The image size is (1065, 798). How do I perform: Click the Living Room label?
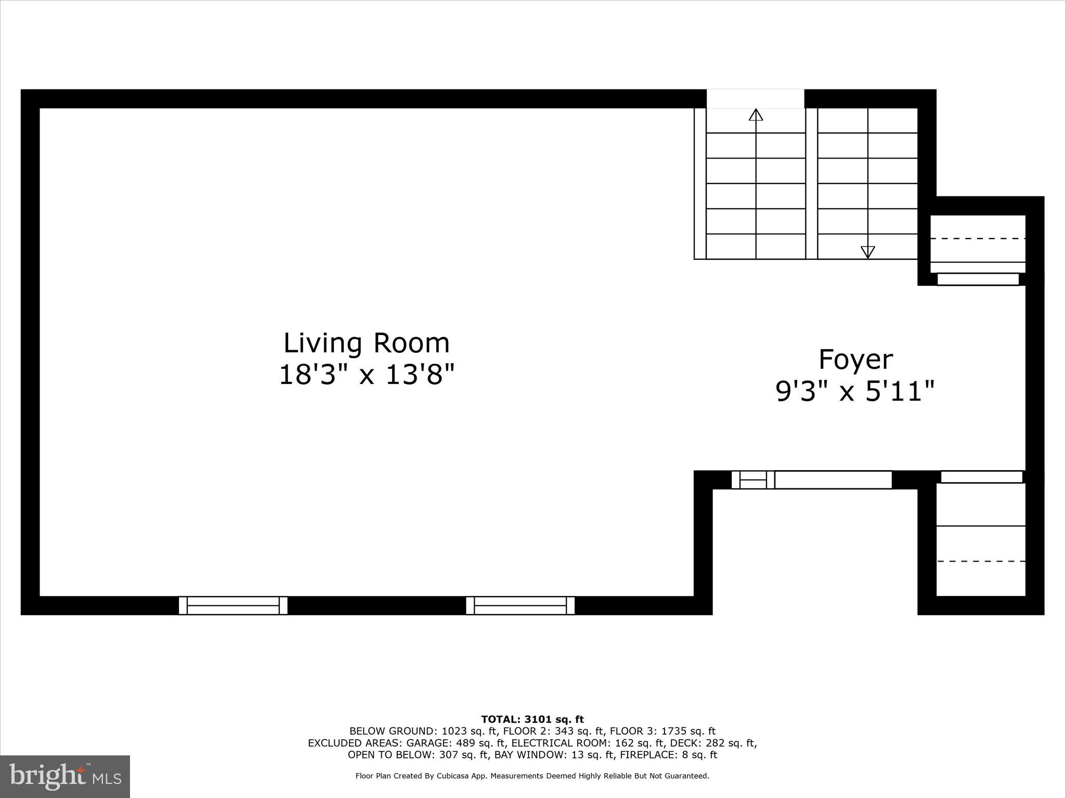[x=367, y=343]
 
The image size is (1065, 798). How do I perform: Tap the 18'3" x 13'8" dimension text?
[x=367, y=375]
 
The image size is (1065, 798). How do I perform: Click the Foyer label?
[x=855, y=360]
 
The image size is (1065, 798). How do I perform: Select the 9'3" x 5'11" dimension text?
[x=855, y=391]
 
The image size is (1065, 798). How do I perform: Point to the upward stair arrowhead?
[x=756, y=115]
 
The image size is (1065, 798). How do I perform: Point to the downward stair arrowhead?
[x=867, y=252]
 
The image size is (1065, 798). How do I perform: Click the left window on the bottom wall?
[x=233, y=606]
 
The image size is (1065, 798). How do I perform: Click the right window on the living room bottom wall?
[x=520, y=606]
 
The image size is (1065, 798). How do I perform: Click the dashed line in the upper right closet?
[x=978, y=238]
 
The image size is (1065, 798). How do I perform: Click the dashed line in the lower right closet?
[x=981, y=561]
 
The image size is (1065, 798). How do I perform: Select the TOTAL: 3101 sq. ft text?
[x=532, y=720]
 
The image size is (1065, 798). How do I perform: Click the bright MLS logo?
[x=65, y=776]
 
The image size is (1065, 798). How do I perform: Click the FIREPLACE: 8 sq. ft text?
[x=668, y=755]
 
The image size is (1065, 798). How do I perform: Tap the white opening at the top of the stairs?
[x=755, y=99]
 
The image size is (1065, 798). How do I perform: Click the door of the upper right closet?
[x=978, y=279]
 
